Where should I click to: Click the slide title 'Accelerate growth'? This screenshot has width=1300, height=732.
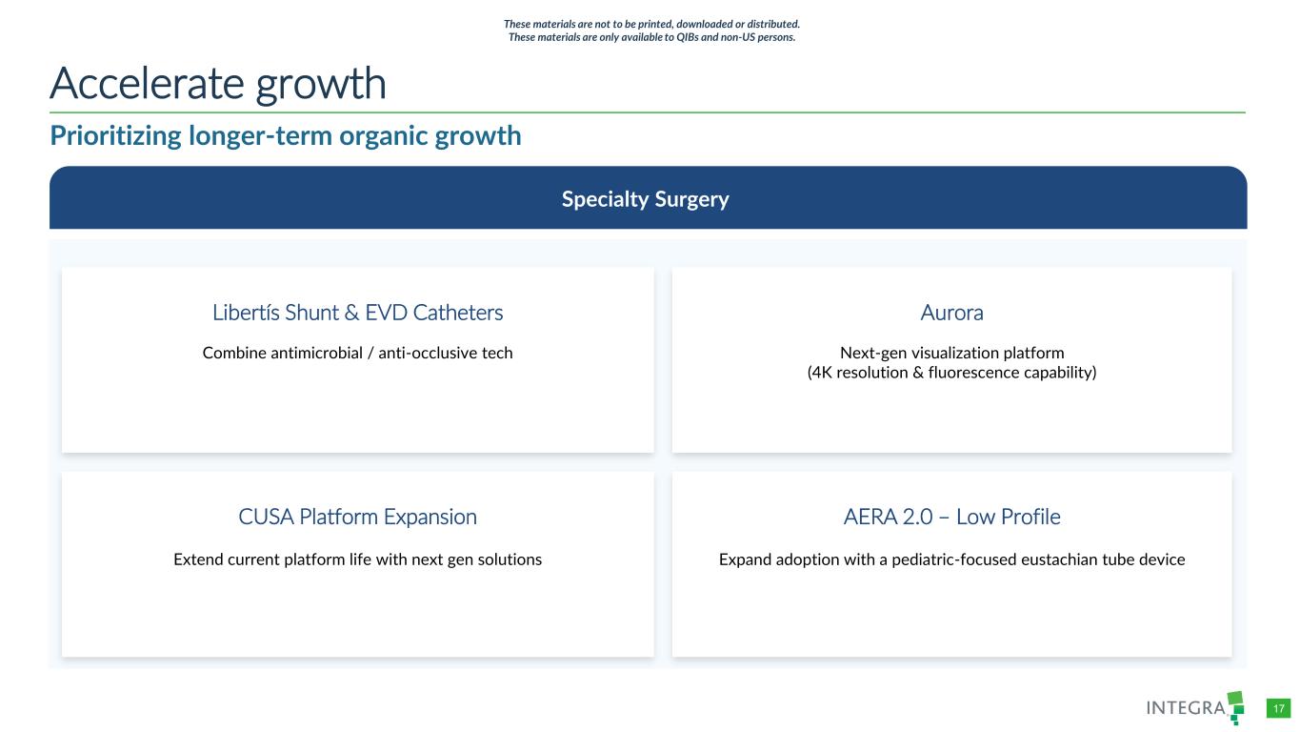[218, 84]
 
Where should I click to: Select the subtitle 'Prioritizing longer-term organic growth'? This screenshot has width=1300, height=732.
[286, 136]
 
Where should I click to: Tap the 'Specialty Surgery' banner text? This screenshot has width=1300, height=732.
[645, 199]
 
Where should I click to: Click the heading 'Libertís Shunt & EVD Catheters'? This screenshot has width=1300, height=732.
[357, 313]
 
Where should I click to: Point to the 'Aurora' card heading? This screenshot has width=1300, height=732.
[951, 313]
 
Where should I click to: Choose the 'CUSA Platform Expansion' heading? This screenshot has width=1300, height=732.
[357, 517]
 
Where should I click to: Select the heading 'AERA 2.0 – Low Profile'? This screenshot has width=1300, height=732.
[951, 517]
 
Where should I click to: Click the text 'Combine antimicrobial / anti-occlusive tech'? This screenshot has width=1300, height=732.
[357, 353]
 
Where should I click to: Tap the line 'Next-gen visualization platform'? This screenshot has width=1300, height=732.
[951, 353]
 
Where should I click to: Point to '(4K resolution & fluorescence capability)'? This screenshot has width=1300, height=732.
[951, 373]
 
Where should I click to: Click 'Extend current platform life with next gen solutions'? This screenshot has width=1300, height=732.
[357, 559]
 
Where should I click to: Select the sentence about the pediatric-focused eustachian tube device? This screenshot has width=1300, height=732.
[951, 559]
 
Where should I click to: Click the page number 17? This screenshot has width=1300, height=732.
[1278, 709]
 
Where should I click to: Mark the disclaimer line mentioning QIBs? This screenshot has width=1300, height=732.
[651, 37]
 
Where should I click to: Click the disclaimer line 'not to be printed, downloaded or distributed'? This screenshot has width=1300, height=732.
[651, 24]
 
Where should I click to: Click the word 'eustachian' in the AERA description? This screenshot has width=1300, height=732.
[1059, 559]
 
